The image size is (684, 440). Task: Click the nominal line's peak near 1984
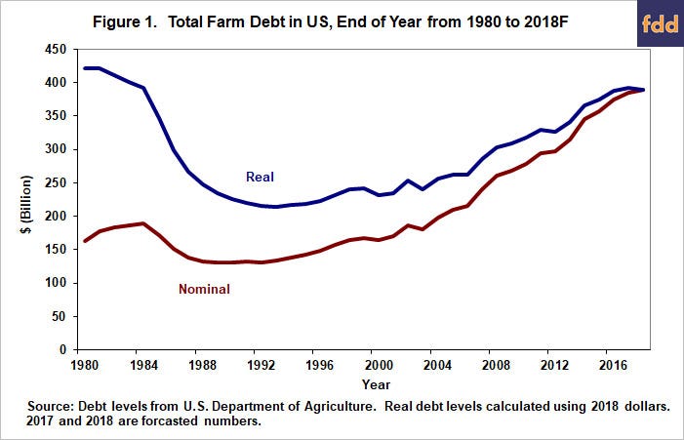(143, 223)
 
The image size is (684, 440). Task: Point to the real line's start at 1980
(85, 68)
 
